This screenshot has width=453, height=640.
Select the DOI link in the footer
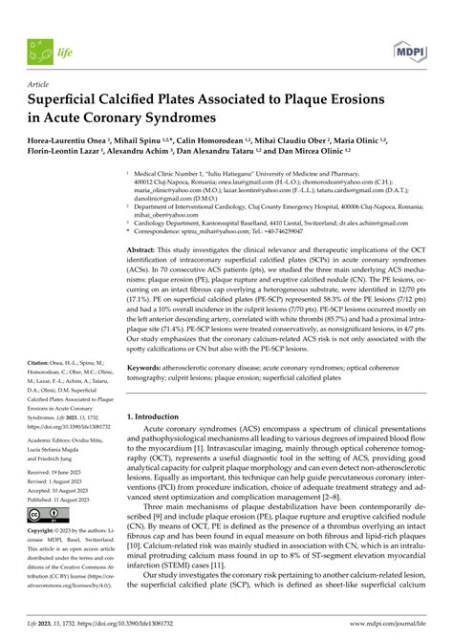click(143, 629)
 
